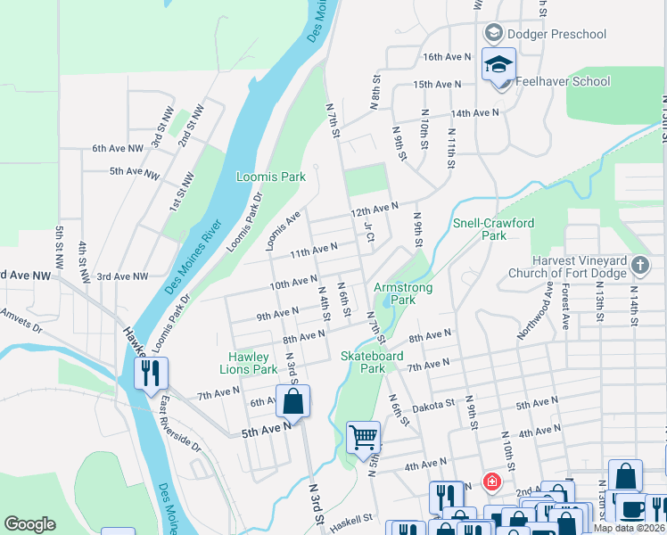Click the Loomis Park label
(270, 177)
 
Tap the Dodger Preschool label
(556, 35)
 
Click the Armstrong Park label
(403, 294)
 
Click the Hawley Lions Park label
(249, 363)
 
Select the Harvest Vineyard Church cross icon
(639, 265)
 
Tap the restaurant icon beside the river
(151, 372)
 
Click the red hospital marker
(490, 481)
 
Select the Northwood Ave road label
(535, 313)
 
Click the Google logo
(30, 524)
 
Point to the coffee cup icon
(632, 508)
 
